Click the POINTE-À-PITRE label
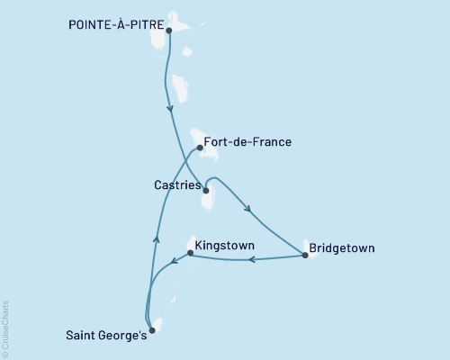pyautogui.click(x=114, y=27)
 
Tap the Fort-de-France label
pyautogui.click(x=247, y=141)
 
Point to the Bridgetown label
pyautogui.click(x=341, y=247)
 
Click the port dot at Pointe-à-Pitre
pyautogui.click(x=169, y=30)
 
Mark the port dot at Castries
pyautogui.click(x=206, y=191)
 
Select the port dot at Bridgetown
pyautogui.click(x=305, y=256)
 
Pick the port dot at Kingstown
pyautogui.click(x=189, y=253)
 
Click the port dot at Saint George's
pyautogui.click(x=151, y=330)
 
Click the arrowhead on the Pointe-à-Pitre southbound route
pyautogui.click(x=170, y=111)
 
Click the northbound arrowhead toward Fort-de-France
pyautogui.click(x=157, y=238)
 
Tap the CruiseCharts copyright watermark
pyautogui.click(x=5, y=328)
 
